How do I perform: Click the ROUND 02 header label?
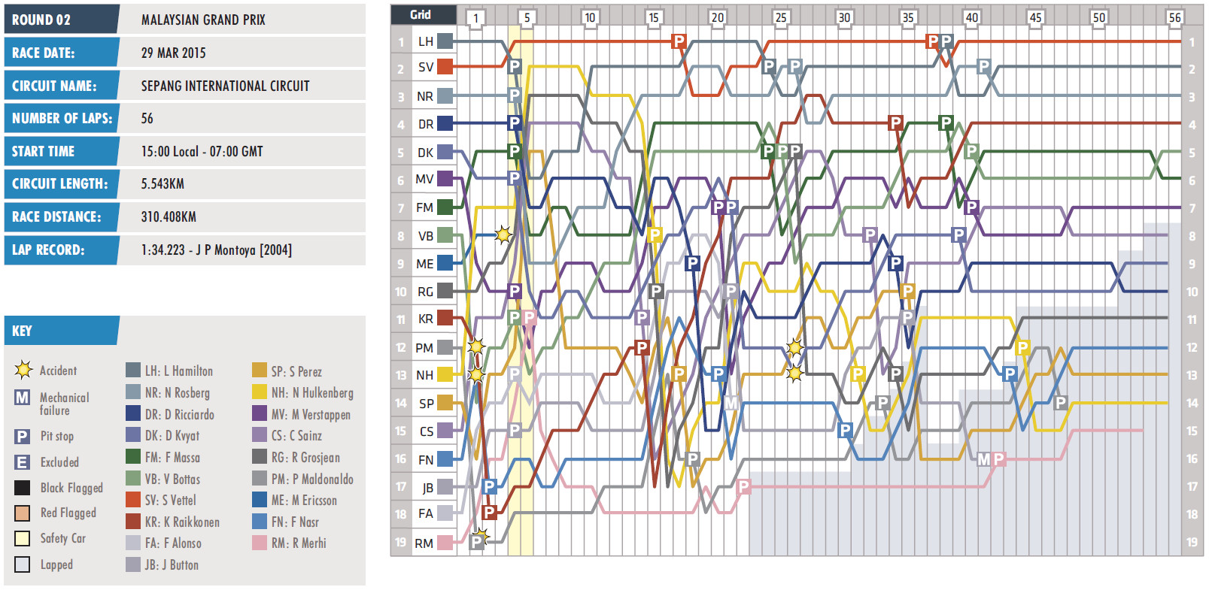[41, 20]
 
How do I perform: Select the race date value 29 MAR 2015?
[173, 53]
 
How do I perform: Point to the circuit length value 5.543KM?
[163, 183]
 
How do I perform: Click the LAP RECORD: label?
[48, 250]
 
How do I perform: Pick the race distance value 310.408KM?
[169, 216]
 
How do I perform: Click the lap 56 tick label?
[1174, 17]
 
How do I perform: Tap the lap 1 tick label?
[475, 17]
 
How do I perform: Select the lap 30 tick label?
[844, 17]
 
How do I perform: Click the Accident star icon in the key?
[23, 370]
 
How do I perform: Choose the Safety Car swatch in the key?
[23, 538]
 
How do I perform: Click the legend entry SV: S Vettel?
[170, 500]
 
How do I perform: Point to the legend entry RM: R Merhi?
[299, 543]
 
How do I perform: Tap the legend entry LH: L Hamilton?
[178, 371]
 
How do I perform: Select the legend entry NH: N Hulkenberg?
[311, 392]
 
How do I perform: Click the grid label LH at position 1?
[426, 41]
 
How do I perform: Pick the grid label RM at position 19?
[424, 543]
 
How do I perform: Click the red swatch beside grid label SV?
[445, 66]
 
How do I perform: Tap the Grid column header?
[421, 14]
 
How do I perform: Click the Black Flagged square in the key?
[23, 488]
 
